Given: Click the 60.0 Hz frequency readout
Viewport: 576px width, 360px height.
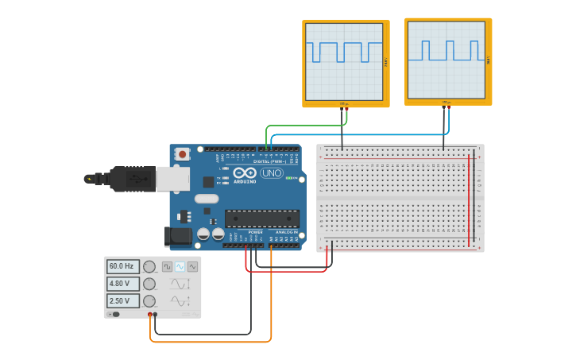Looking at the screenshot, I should (123, 267).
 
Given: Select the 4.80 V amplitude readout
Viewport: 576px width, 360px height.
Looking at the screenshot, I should (123, 284).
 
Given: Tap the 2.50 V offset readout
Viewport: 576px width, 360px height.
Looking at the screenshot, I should (123, 301).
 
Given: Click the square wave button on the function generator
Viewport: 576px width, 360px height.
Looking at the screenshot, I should (168, 267).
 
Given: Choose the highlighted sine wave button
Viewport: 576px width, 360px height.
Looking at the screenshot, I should (180, 267).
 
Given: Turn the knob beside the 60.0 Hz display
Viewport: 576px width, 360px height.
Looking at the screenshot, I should (149, 267).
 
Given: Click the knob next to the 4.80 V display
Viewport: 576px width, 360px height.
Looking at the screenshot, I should (149, 284).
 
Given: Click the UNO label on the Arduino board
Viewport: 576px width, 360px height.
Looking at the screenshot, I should (272, 173).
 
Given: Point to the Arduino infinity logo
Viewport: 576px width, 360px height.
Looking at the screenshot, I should (245, 172).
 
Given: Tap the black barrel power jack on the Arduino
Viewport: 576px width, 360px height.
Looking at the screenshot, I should (177, 235).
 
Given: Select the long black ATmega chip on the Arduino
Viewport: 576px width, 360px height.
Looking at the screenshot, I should (261, 219).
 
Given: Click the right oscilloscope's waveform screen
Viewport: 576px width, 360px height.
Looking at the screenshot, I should (446, 58).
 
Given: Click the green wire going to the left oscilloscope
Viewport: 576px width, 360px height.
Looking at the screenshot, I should (302, 126).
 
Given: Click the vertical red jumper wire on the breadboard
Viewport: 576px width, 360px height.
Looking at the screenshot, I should (469, 199).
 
